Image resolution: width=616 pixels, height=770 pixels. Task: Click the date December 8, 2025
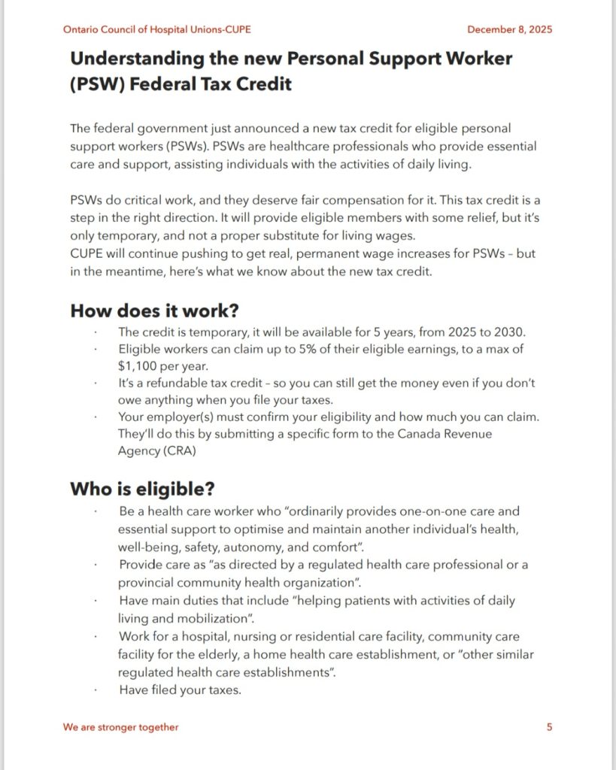click(x=509, y=29)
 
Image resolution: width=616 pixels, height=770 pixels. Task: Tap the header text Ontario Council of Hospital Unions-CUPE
click(x=157, y=29)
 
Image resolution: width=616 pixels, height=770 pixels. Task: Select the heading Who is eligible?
click(x=142, y=490)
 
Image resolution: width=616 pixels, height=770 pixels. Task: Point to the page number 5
click(x=549, y=727)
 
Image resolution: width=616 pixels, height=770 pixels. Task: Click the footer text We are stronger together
click(x=121, y=727)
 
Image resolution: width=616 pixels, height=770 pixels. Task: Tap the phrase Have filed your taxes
click(x=180, y=690)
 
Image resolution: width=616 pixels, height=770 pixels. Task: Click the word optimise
click(x=257, y=529)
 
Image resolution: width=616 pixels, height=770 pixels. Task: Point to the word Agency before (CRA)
click(x=138, y=451)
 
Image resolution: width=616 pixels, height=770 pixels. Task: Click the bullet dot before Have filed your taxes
click(x=96, y=690)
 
